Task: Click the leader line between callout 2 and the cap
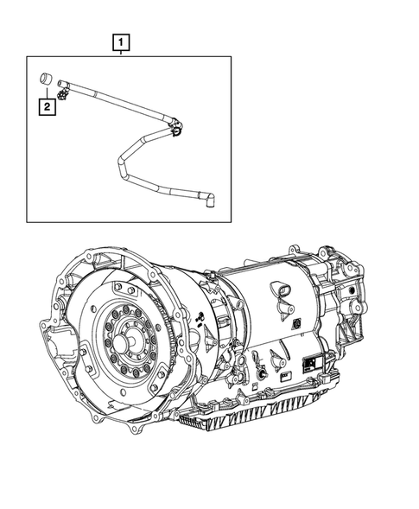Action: (45, 94)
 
